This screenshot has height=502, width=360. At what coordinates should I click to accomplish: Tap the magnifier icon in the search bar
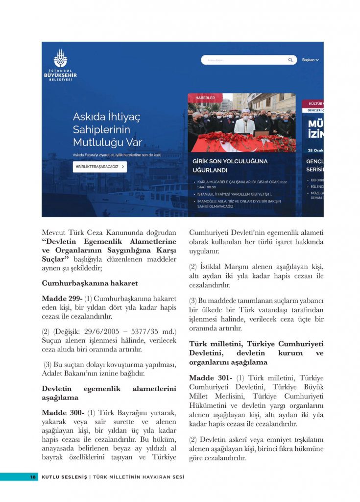pyautogui.click(x=290, y=60)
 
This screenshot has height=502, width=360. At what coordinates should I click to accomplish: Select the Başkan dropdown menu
pyautogui.click(x=311, y=60)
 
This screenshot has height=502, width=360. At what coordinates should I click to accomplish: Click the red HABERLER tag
pyautogui.click(x=205, y=98)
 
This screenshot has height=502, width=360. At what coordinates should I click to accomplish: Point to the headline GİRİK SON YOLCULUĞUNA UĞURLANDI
pyautogui.click(x=230, y=165)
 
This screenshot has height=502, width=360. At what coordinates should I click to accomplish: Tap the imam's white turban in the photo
pyautogui.click(x=245, y=111)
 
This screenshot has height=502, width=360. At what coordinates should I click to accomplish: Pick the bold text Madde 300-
pyautogui.click(x=62, y=413)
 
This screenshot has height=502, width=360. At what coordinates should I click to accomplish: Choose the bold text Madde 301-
pyautogui.click(x=211, y=378)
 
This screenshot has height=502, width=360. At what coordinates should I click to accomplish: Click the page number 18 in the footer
pyautogui.click(x=33, y=477)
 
